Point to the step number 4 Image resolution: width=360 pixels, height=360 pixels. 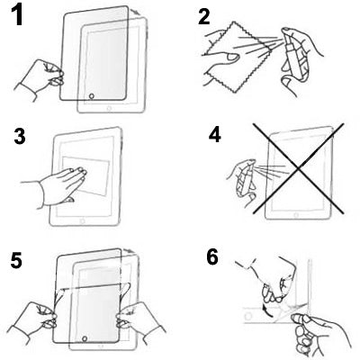pos(213,139)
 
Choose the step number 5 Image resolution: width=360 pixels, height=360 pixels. pos(16,261)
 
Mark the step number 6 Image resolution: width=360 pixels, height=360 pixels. pos(211,257)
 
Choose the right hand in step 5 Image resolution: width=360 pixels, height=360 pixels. pos(144,315)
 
